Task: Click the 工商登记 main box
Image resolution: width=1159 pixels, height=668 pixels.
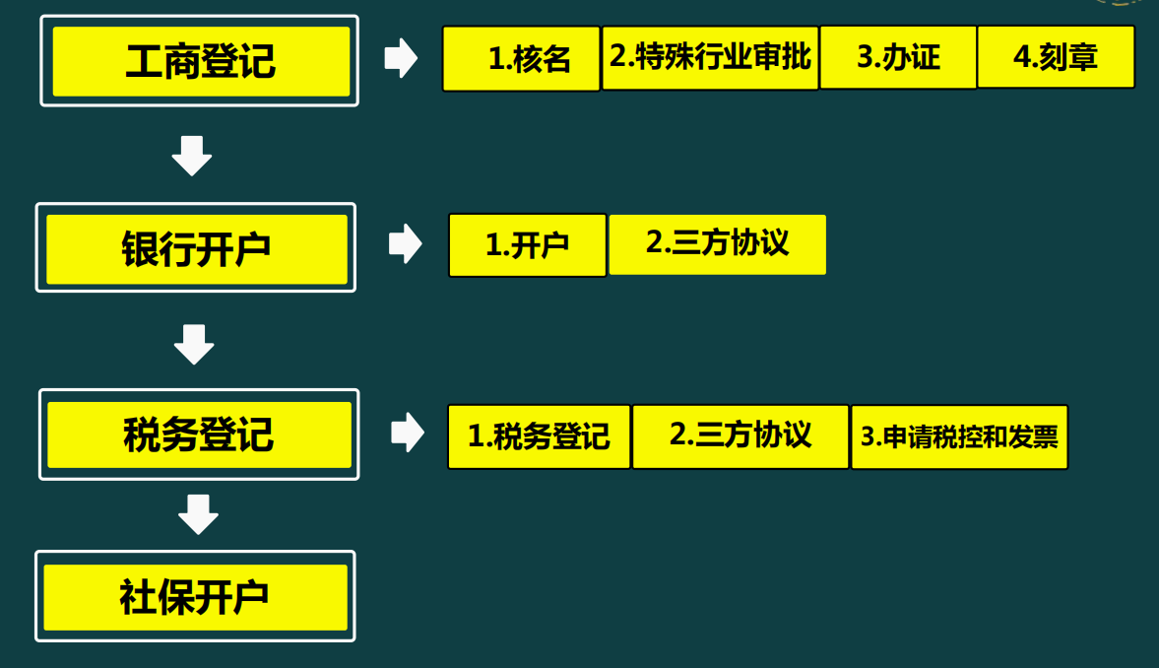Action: pos(200,61)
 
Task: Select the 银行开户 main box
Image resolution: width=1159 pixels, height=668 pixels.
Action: pos(196,248)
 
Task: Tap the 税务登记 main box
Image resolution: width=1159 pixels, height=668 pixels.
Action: pos(199,434)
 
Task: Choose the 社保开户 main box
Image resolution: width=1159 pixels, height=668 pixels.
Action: pos(195,597)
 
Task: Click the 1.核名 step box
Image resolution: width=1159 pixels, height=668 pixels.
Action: pos(521,58)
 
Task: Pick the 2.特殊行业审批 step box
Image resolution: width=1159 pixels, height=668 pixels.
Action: pos(710,57)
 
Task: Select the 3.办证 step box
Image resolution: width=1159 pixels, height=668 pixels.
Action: pos(898,57)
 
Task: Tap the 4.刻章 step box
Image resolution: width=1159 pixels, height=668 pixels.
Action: pos(1056,57)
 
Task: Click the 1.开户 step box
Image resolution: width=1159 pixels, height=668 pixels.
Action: pos(528,245)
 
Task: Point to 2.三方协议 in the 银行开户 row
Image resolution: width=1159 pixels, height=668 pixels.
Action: pos(717,243)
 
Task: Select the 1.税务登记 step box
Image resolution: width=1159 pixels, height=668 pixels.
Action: pos(539,436)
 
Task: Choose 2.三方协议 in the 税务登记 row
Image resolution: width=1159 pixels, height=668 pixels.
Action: pos(740,435)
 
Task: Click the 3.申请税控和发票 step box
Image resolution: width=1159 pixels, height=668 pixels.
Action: pos(959,436)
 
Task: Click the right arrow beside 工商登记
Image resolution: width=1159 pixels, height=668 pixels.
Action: pos(400,58)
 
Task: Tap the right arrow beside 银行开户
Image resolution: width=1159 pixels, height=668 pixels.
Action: pos(405,243)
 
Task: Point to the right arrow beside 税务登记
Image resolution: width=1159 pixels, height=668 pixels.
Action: pos(407,432)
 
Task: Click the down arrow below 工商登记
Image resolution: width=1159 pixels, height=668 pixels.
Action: pos(192,157)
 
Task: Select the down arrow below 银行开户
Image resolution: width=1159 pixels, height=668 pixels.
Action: pos(194,344)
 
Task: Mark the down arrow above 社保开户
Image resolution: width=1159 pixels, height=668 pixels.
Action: pos(198,514)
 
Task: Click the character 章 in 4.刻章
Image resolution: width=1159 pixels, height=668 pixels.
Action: pos(1081,57)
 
